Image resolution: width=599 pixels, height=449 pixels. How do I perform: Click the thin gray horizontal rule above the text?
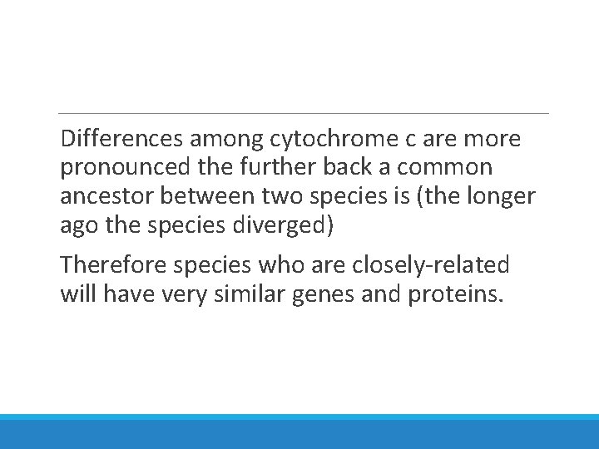pos(304,113)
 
